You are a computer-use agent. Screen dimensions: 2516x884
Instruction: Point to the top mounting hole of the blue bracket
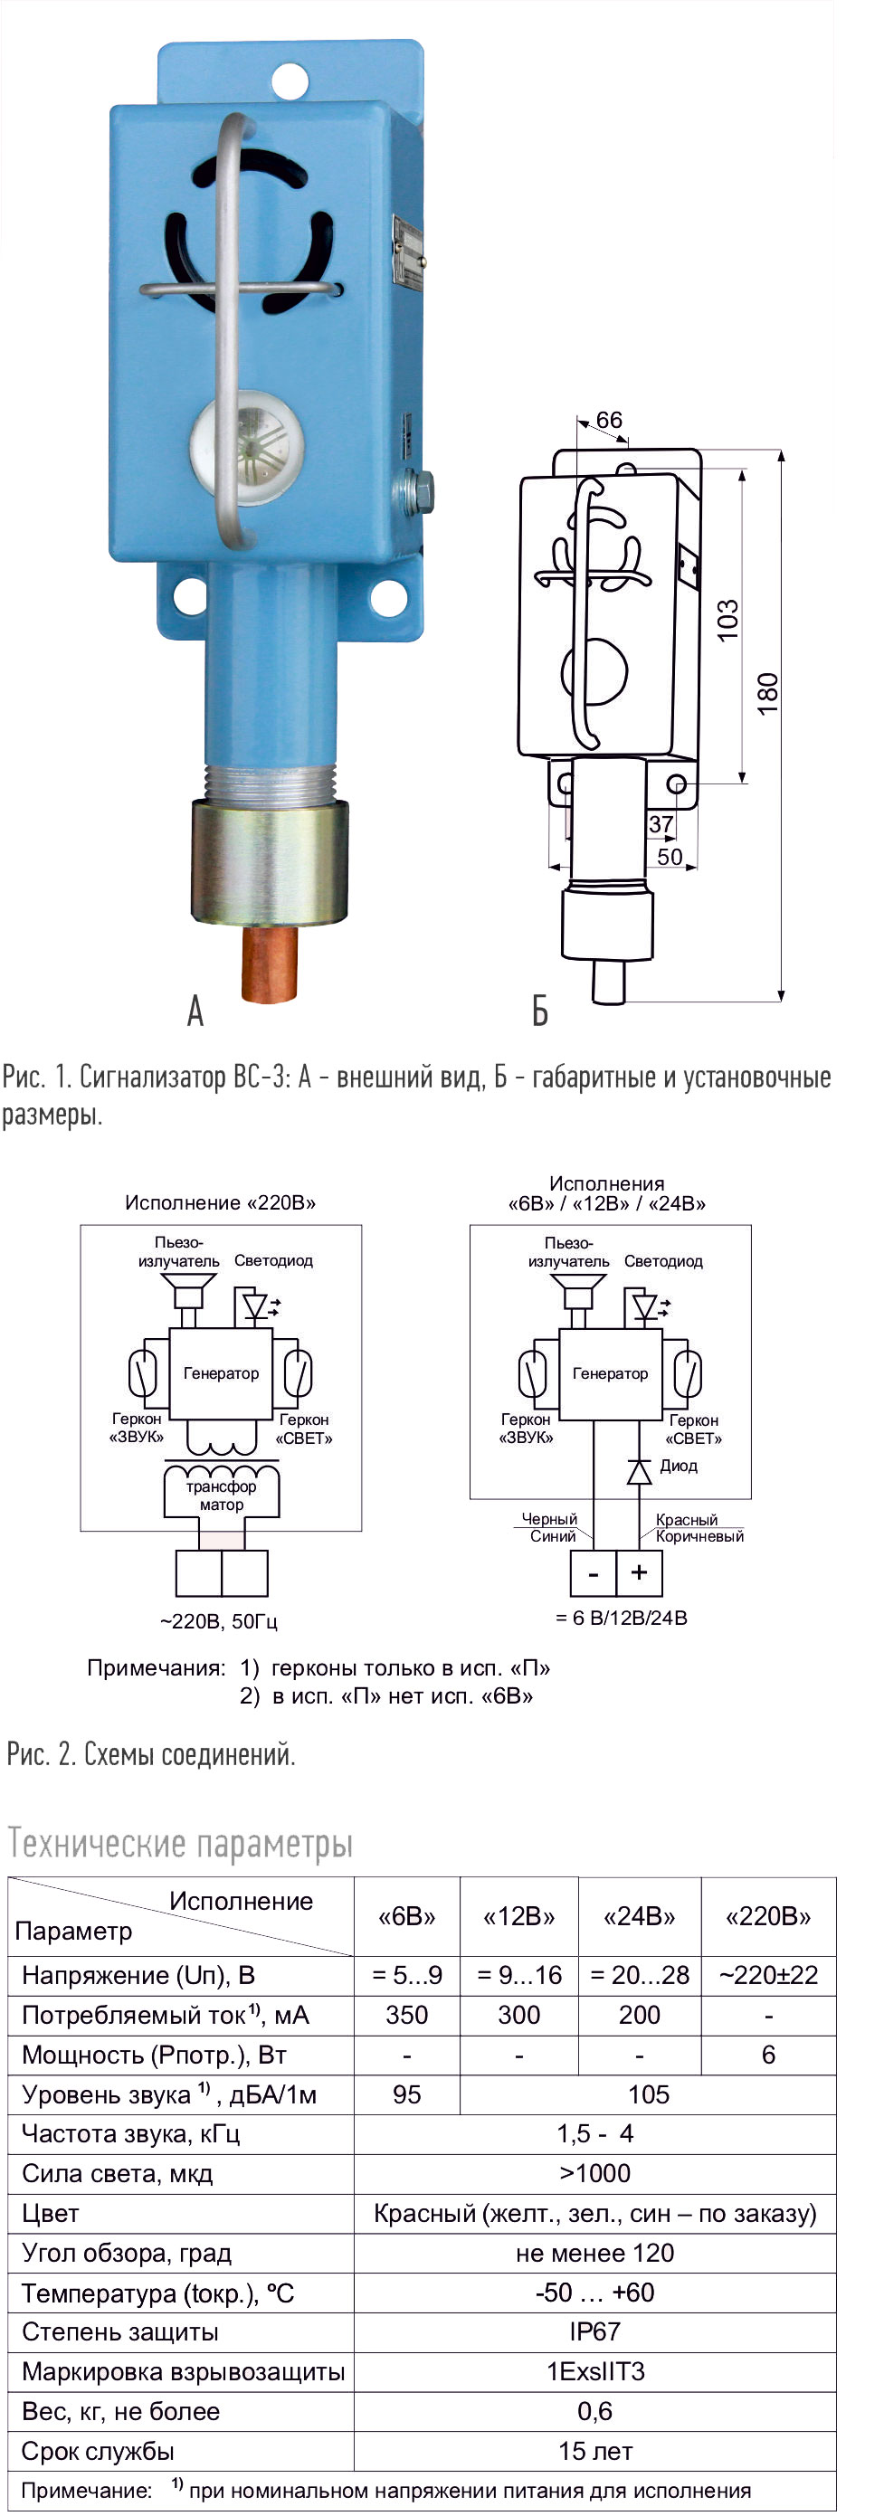pos(290,81)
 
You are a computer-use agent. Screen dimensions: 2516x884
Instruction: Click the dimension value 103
pos(727,621)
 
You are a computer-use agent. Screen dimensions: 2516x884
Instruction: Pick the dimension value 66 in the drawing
pos(609,420)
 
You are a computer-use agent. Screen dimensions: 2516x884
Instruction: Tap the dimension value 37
pos(661,824)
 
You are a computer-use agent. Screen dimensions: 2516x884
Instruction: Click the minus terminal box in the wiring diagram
pos(593,1572)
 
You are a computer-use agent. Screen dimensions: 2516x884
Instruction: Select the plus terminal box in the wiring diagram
pos(639,1572)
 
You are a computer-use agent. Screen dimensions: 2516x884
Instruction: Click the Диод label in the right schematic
pos(678,1466)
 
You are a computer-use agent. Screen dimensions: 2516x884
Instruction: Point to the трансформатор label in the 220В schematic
pos(222,1495)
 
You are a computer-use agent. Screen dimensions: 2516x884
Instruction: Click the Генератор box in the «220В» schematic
pos(221,1373)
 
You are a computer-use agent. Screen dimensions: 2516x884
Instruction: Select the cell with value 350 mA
pos(406,2015)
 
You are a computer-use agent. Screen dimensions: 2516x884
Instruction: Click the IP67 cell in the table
pos(594,2331)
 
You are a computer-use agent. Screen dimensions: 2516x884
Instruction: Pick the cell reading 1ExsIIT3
pos(594,2371)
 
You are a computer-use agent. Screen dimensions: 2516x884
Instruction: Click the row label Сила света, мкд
pos(118,2173)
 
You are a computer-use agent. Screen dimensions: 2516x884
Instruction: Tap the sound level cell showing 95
pos(406,2094)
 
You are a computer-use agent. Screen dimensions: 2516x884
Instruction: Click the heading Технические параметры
pos(181,1843)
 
